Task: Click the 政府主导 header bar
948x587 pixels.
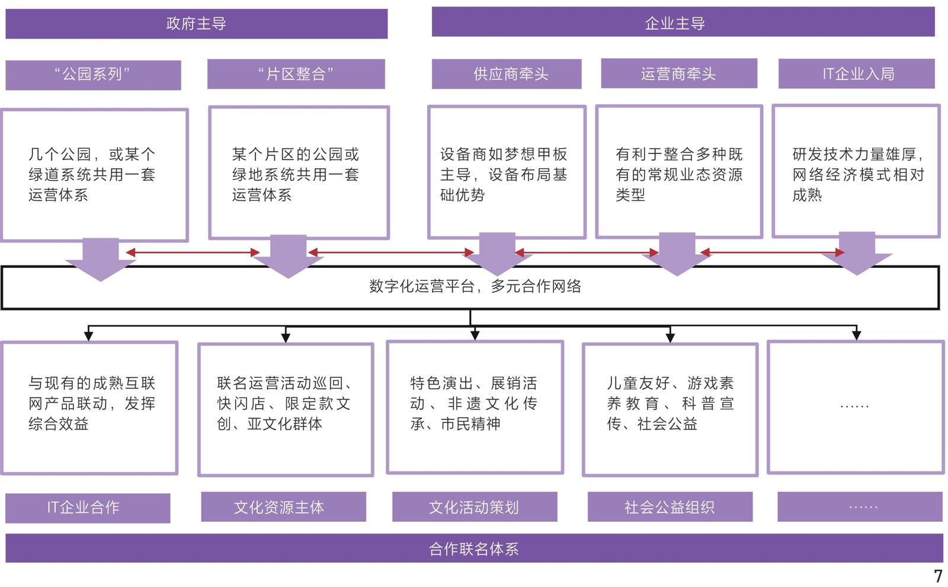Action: [x=196, y=24]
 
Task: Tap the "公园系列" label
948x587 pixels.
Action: [x=93, y=75]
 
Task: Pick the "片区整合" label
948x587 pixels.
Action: [x=296, y=74]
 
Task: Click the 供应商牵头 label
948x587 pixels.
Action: [x=506, y=74]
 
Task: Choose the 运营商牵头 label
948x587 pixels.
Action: [x=678, y=73]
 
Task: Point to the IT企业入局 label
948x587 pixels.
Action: [x=856, y=73]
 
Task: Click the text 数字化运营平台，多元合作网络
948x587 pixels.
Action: [x=475, y=287]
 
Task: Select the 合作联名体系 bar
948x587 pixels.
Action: [x=473, y=548]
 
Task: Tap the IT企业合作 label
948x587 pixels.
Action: [x=88, y=508]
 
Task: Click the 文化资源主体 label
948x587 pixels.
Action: [x=283, y=507]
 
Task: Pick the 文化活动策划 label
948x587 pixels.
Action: [x=474, y=507]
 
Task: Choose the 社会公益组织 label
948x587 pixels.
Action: [x=670, y=507]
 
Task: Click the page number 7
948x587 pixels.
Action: [x=937, y=576]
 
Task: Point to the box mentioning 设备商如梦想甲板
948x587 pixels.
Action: [x=507, y=173]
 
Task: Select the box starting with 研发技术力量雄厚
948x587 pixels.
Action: [x=856, y=172]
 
